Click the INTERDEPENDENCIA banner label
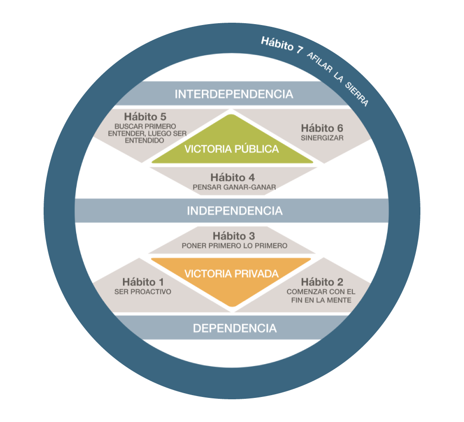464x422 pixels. (x=234, y=94)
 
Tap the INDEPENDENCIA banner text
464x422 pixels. (x=234, y=211)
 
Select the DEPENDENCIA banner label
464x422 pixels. (x=234, y=328)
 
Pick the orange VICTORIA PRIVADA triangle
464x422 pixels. (x=232, y=276)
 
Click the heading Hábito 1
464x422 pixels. (x=143, y=281)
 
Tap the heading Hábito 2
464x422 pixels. (x=322, y=282)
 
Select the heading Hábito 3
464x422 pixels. (x=234, y=236)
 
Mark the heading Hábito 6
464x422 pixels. (x=322, y=128)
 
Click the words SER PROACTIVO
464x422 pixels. (x=143, y=292)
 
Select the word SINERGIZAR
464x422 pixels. (x=322, y=138)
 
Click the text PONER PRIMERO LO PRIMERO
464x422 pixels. (x=234, y=245)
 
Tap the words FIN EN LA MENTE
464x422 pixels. (x=322, y=300)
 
